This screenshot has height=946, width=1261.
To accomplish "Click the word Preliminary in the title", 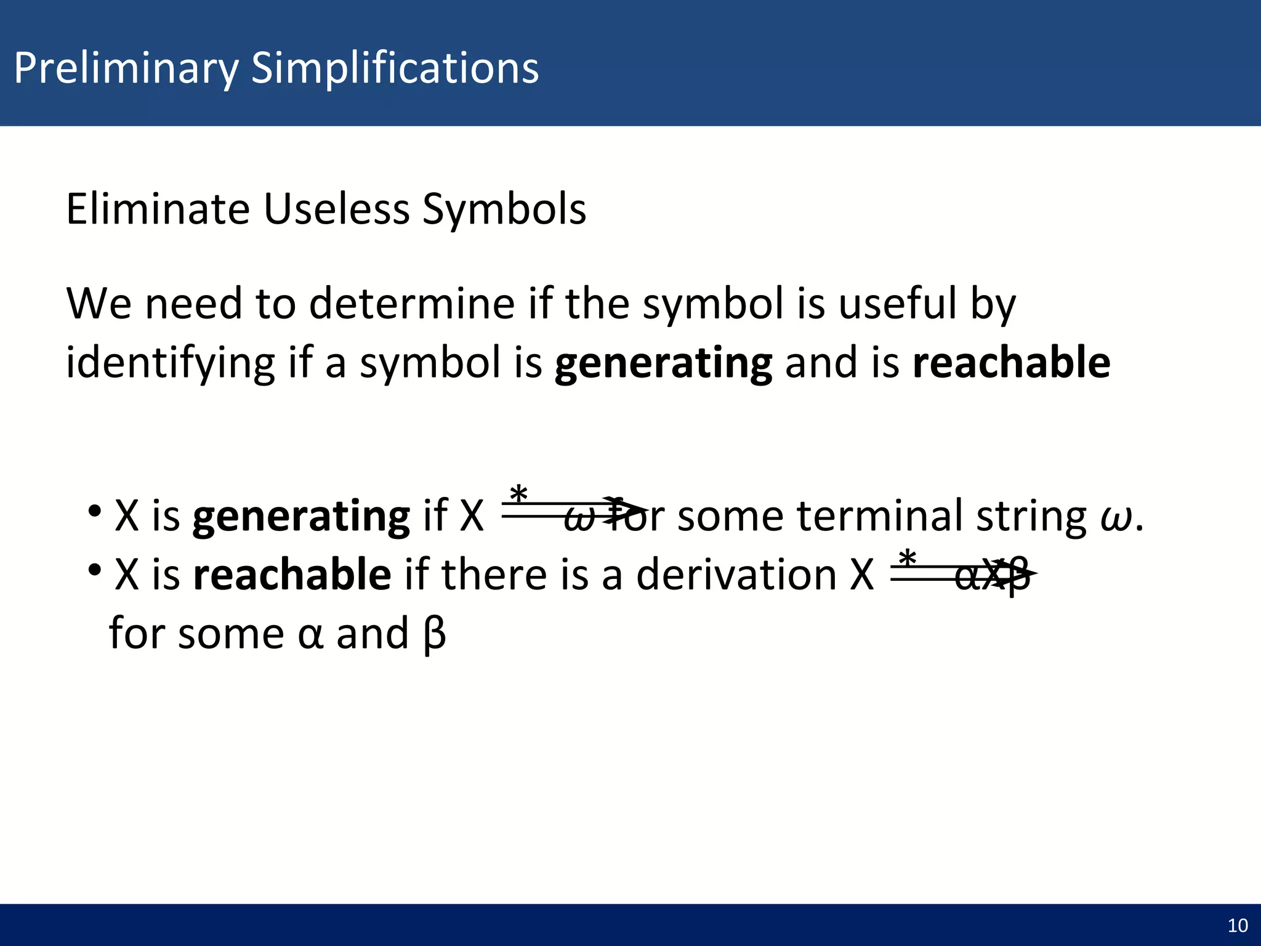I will coord(126,68).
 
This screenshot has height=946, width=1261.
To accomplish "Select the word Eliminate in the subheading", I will coord(158,209).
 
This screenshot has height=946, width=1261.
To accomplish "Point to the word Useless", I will coord(336,209).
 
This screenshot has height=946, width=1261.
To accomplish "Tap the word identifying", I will coord(170,363).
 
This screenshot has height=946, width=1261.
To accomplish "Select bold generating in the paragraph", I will coord(663,363).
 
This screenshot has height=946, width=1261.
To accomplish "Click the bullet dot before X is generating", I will coord(94,511).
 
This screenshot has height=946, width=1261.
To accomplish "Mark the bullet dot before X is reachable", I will coord(94,570).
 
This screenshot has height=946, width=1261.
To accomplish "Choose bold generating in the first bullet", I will coord(301,516).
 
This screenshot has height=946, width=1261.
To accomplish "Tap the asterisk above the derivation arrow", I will coord(907,559).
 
